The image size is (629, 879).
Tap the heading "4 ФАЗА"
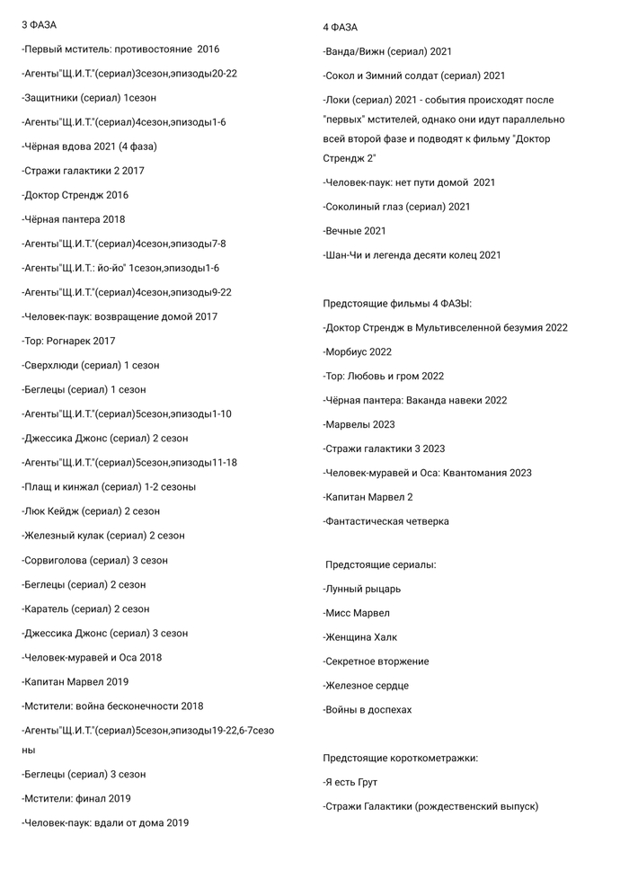point(340,27)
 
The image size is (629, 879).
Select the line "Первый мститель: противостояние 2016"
point(120,49)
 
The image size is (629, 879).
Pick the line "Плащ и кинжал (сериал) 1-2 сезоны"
point(109,487)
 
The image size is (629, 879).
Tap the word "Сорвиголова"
point(57,560)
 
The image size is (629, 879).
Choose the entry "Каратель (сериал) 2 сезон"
point(85,608)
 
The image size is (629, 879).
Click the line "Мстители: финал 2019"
point(76,798)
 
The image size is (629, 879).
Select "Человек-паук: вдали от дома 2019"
point(105,822)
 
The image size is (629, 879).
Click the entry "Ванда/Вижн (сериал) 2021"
point(387,52)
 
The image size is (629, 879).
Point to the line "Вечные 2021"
point(354,231)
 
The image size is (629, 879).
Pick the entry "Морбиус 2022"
point(358,351)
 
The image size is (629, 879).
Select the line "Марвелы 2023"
point(359,424)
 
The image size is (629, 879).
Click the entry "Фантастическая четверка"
point(386,521)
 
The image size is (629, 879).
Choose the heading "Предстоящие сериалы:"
point(381,564)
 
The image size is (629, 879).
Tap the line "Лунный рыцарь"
point(362,589)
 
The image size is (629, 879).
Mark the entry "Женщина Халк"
point(363,637)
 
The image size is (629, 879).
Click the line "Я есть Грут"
point(352,782)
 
